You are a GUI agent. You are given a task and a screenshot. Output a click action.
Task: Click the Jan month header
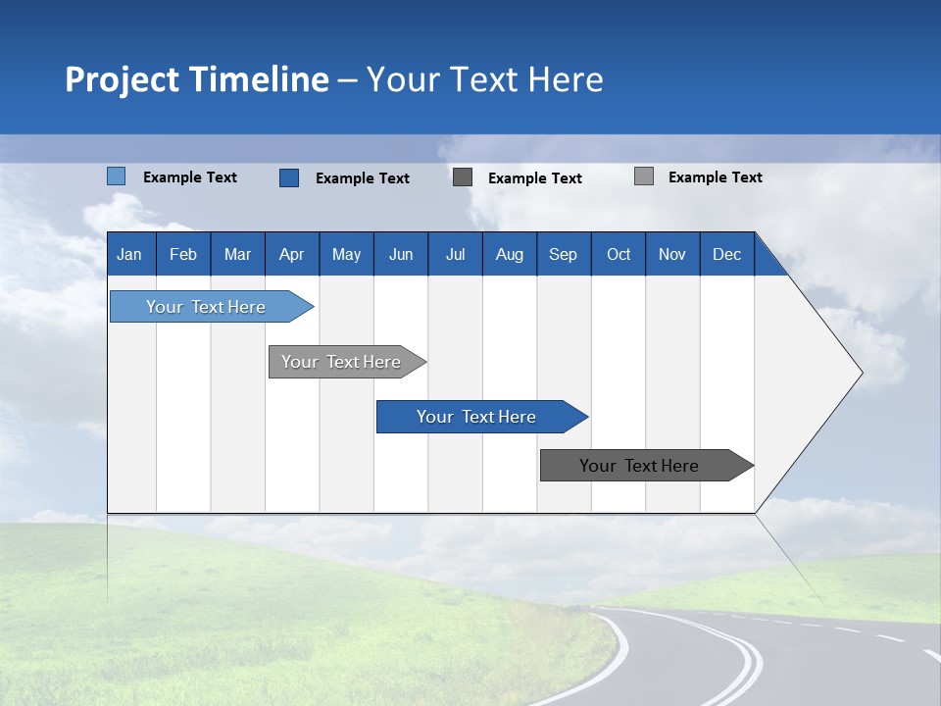pos(129,254)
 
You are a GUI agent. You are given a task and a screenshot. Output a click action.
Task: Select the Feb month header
pos(183,254)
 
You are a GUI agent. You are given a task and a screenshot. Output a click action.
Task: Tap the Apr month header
pos(291,254)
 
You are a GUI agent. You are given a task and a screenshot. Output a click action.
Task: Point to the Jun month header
pos(401,254)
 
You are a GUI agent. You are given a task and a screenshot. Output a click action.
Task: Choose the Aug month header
pos(509,254)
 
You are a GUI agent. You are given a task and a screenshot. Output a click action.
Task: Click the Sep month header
pos(563,254)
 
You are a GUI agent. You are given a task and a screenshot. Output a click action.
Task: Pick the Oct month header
pos(619,254)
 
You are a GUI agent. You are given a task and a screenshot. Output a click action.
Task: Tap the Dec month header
pos(726,254)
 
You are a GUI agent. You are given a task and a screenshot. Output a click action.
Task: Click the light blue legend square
pos(117,176)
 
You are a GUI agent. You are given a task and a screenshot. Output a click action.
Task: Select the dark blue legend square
pos(289,177)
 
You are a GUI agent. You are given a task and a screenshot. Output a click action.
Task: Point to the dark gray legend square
pos(463,177)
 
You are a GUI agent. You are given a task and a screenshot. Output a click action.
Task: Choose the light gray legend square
pos(644,176)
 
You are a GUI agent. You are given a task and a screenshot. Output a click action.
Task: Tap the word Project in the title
pos(123,79)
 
